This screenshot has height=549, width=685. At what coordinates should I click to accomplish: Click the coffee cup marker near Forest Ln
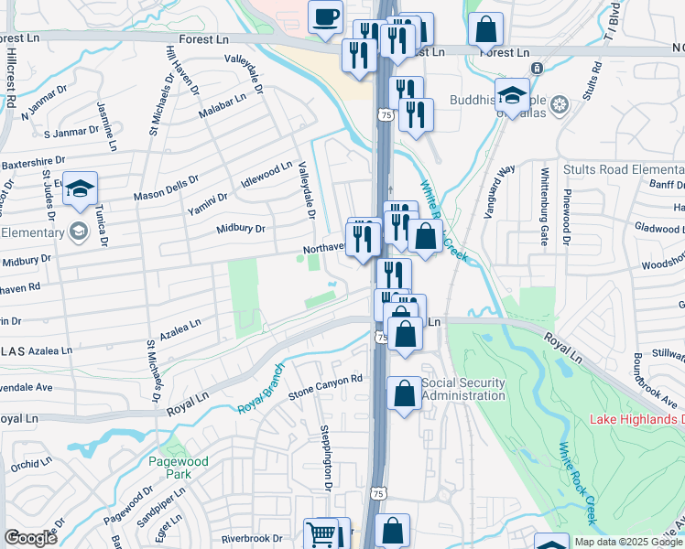point(325,16)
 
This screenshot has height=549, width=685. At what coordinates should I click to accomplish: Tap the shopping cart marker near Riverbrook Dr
point(321,533)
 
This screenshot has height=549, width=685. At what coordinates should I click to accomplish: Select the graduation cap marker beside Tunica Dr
point(81,188)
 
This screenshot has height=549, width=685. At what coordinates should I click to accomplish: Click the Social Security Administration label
point(463,389)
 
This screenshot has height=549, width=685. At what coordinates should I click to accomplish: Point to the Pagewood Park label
point(179,468)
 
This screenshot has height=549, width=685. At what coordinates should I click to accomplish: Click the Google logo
point(30,538)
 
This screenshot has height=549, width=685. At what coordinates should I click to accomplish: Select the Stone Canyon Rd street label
point(326,385)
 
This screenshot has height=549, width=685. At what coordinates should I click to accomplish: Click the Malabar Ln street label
point(223,105)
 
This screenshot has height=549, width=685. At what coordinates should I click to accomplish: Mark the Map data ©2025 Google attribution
point(628,542)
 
